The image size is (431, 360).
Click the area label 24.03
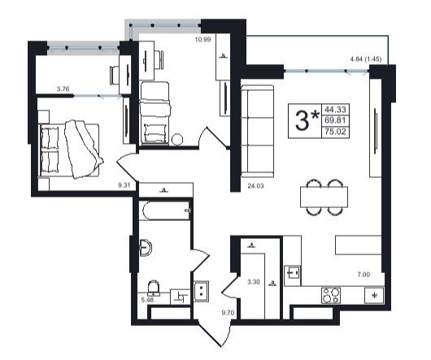(x=255, y=186)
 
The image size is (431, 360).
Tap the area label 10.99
(x=202, y=39)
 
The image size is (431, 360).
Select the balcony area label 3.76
(x=63, y=89)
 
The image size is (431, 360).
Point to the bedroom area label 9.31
(x=124, y=185)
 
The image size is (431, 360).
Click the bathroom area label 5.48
(x=147, y=300)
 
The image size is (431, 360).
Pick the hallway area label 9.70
(x=229, y=312)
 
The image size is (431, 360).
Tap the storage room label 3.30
(x=254, y=282)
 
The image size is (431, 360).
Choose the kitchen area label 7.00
(x=364, y=275)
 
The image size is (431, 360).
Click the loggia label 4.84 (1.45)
(x=366, y=59)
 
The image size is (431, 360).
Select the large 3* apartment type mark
(x=307, y=120)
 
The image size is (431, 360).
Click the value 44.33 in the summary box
(x=335, y=109)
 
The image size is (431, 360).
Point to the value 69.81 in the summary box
(x=335, y=120)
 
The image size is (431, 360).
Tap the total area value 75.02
(x=335, y=132)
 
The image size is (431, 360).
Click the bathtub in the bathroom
(x=164, y=210)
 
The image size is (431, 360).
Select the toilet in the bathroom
(x=153, y=288)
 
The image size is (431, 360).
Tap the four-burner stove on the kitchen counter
(x=331, y=295)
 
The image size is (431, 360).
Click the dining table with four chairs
(x=324, y=197)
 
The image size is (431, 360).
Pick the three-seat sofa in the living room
(x=258, y=132)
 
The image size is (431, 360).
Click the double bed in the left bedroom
(x=69, y=150)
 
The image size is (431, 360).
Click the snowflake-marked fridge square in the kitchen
(x=374, y=296)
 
